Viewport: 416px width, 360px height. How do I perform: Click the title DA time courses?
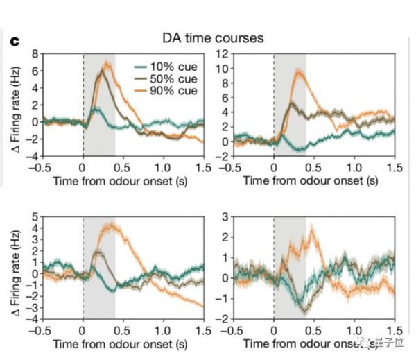tap(213, 38)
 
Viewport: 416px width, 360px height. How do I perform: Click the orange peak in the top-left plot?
tap(106, 64)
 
